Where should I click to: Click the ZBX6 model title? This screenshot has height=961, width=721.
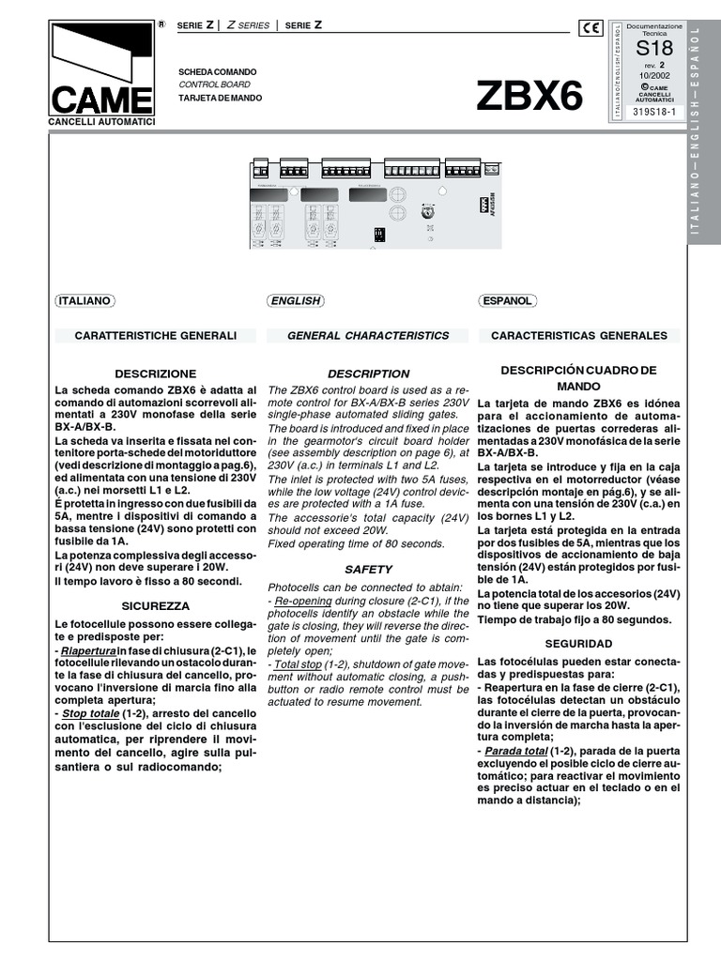[529, 95]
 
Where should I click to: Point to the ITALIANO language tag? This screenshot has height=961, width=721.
[84, 301]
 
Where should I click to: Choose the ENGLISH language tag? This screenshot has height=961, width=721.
[295, 301]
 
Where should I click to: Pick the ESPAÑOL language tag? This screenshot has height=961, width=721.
[507, 301]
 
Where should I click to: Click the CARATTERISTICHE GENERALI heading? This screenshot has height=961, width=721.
[156, 335]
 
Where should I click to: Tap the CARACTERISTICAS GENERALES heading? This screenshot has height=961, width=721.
[579, 335]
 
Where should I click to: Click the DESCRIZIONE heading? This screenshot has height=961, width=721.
[156, 373]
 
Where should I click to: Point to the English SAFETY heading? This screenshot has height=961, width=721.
[368, 569]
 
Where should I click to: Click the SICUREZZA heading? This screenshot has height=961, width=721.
[156, 606]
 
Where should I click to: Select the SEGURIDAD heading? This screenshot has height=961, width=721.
[579, 644]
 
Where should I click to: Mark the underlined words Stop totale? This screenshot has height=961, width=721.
[91, 713]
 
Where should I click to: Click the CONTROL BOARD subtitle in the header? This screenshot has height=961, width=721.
[207, 84]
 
